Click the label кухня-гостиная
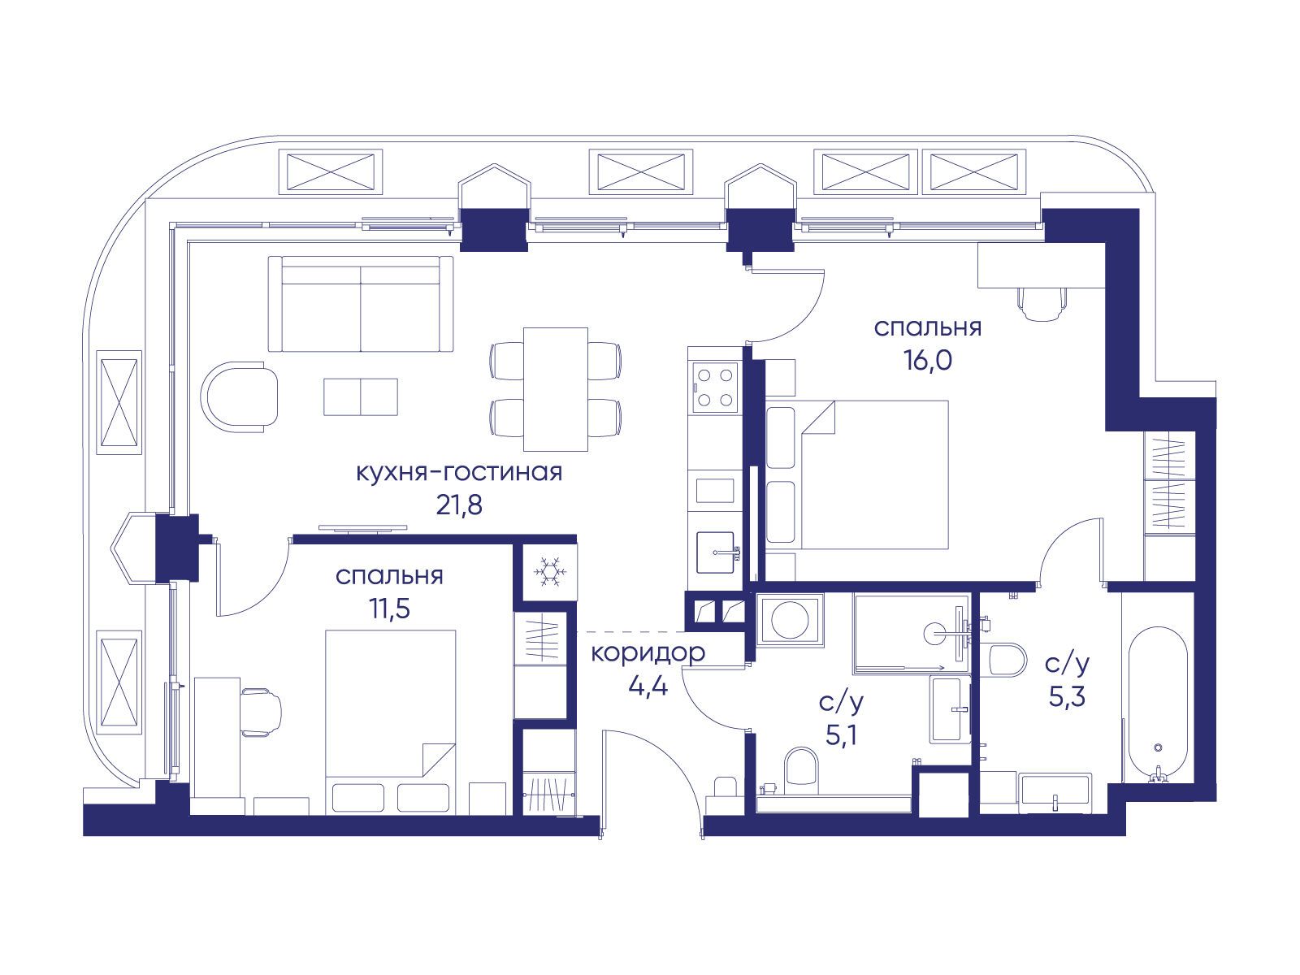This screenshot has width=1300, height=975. [459, 472]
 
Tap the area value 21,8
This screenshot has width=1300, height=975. [459, 505]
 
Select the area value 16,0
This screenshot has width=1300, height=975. [928, 360]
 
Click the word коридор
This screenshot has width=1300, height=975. [648, 653]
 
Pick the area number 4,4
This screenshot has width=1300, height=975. [648, 686]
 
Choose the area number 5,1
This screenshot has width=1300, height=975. [841, 736]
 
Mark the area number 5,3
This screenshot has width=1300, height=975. [1067, 697]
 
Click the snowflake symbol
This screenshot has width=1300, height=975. [549, 571]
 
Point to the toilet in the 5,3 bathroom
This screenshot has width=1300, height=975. [1007, 660]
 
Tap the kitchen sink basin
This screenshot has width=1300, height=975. [716, 552]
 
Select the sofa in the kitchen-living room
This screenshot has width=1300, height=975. [361, 304]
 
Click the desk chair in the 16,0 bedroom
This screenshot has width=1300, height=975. [1042, 302]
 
